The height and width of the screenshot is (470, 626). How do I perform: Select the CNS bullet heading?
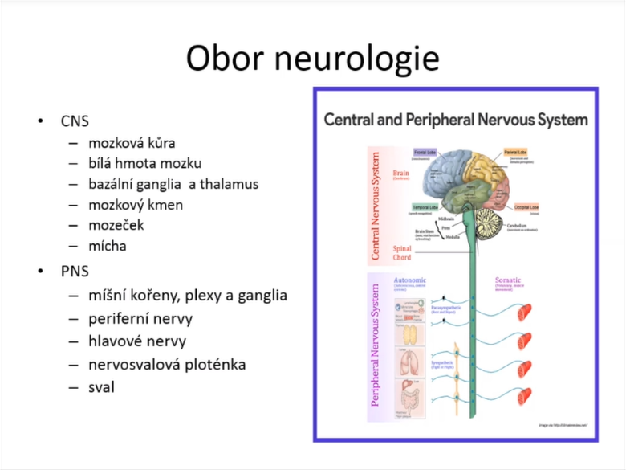pos(75,121)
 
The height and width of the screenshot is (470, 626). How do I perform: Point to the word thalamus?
pos(230,184)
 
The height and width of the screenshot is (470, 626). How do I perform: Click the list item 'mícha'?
pos(108,246)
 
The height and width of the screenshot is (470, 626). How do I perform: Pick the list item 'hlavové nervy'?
pos(137,341)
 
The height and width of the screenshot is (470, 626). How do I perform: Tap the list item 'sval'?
pos(102,387)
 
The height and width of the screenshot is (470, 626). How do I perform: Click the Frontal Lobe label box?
pos(425,152)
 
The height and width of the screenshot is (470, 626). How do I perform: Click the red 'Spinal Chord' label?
pos(402,253)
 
